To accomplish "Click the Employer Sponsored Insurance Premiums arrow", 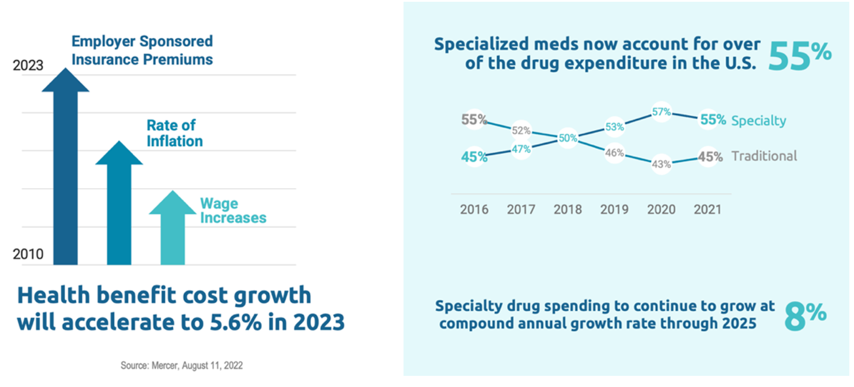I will click(65, 176).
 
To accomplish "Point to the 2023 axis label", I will click(28, 66).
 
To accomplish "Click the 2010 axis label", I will click(28, 255).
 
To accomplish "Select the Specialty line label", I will click(758, 120).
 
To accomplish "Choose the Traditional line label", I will click(764, 156).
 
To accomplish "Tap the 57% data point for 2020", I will click(661, 112).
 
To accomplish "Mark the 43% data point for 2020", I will click(661, 164).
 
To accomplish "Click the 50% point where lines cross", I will click(568, 138).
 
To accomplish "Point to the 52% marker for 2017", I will click(521, 130).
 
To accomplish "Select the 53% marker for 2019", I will click(615, 127).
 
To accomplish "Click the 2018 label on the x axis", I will click(568, 209).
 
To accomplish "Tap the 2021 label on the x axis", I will click(708, 209).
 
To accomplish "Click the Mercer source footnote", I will click(181, 365).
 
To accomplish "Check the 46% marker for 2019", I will click(615, 153).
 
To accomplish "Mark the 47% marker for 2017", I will click(521, 149).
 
